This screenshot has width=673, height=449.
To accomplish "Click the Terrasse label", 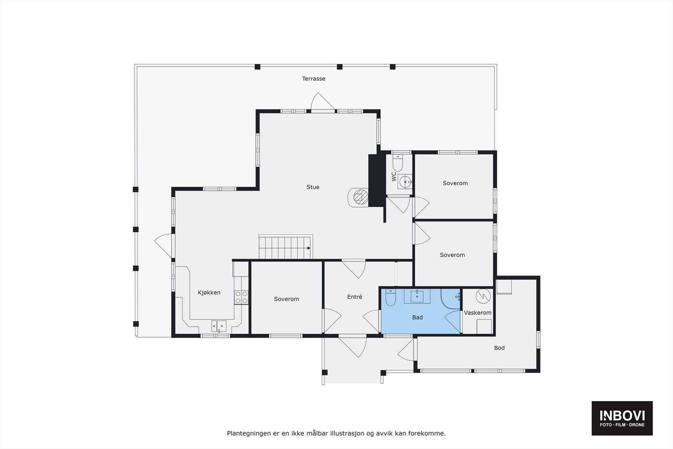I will point(313,79).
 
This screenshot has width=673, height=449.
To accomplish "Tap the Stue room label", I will point(313,187).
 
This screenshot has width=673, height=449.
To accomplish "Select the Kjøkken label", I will point(209,292).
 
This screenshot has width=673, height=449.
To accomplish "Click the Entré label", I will point(355,297).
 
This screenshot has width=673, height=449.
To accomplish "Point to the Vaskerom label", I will point(477,313).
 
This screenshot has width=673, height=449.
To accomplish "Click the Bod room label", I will point(499,348).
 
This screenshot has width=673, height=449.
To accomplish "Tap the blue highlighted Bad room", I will point(417,317).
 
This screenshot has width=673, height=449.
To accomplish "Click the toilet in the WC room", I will point(397,162).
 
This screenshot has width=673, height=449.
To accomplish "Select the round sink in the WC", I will point(405,182).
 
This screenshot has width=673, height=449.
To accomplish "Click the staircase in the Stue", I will point(286,247).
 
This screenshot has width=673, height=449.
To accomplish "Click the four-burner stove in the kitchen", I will point(241,297).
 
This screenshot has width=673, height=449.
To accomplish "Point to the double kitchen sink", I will point(219,326).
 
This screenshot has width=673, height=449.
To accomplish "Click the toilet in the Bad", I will point(390,298).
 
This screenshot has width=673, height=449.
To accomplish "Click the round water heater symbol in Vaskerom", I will point(483,296).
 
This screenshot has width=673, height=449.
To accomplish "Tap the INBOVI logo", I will point(622,418).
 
